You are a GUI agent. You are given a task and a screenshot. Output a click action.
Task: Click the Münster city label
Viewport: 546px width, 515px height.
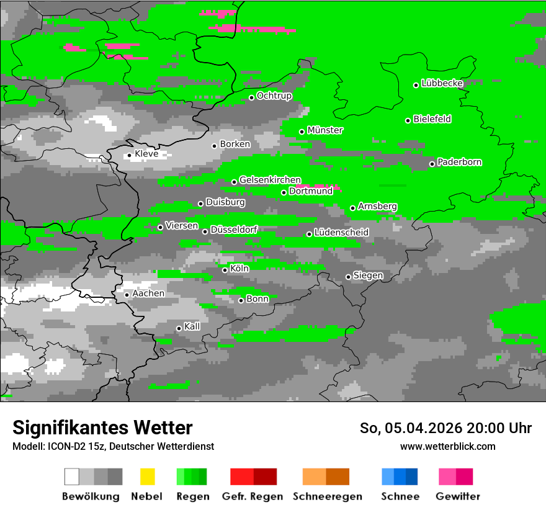tap(325, 130)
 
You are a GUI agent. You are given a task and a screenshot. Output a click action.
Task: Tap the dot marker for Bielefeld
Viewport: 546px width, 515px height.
tap(408, 120)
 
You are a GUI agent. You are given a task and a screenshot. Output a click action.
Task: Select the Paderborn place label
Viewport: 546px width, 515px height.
tap(460, 162)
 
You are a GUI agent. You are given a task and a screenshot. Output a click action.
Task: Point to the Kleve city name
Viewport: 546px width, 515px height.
tap(146, 154)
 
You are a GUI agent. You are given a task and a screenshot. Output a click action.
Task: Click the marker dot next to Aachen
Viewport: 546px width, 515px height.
tap(127, 295)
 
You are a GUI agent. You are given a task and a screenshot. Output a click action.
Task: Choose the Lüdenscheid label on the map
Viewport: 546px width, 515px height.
tap(341, 233)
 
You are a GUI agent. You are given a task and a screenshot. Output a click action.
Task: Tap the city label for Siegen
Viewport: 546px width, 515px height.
tap(368, 275)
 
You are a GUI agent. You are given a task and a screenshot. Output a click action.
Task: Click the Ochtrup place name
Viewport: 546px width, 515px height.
tap(274, 96)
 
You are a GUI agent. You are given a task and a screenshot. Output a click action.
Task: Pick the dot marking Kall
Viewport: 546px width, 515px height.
tap(179, 328)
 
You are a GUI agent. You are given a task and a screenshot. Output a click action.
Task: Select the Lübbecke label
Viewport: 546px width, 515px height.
tap(442, 83)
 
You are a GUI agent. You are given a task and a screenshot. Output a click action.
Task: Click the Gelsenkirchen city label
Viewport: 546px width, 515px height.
tap(270, 180)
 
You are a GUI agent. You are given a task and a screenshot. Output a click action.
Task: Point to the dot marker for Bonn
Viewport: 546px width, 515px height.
tap(241, 300)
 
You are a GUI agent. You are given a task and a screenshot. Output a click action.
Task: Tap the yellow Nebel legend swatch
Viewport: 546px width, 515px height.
tap(147, 477)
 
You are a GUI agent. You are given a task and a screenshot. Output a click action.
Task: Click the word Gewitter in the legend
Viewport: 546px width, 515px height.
tap(458, 496)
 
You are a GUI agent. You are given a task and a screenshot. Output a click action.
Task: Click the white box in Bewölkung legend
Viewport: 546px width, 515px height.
tap(72, 477)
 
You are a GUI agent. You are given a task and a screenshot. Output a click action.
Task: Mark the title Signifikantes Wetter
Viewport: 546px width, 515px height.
tap(103, 428)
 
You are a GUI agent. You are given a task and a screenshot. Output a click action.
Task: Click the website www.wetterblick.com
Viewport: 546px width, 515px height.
tap(448, 446)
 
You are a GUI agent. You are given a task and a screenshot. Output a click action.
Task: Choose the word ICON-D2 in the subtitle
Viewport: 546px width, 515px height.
tap(63, 446)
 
